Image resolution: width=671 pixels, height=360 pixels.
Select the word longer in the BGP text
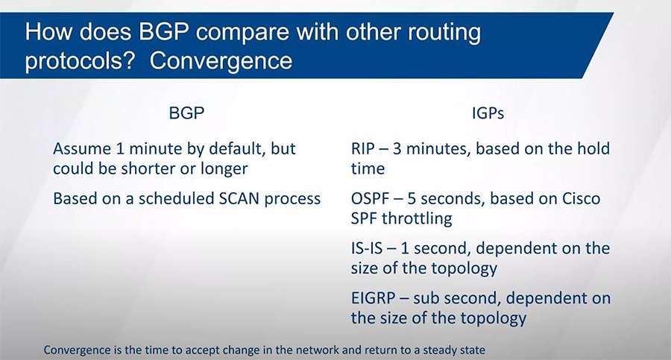219,168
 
